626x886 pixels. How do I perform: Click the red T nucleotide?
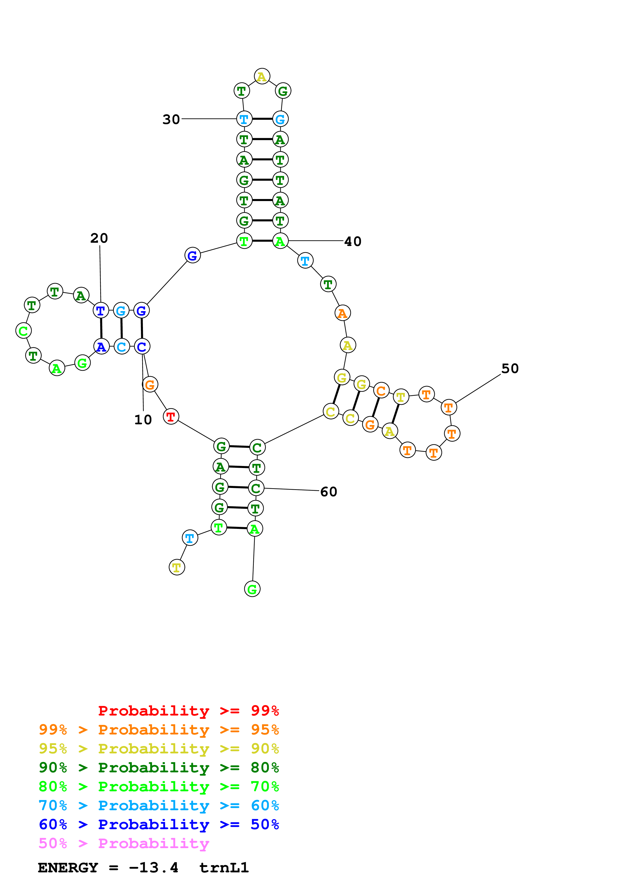pyautogui.click(x=171, y=416)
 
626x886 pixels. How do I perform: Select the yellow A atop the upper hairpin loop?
pyautogui.click(x=262, y=77)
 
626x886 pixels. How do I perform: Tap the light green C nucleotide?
pyautogui.click(x=23, y=331)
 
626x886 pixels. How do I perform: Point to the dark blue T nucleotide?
pyautogui.click(x=101, y=310)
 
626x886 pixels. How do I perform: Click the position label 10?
pyautogui.click(x=143, y=420)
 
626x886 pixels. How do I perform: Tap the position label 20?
pyautogui.click(x=99, y=238)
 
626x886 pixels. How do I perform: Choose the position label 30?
pyautogui.click(x=171, y=119)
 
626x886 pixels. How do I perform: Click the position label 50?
pyautogui.click(x=510, y=368)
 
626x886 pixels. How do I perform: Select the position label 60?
pyautogui.click(x=329, y=492)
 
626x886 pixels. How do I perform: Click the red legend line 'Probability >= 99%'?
pyautogui.click(x=188, y=711)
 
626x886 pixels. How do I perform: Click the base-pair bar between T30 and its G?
pyautogui.click(x=262, y=119)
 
